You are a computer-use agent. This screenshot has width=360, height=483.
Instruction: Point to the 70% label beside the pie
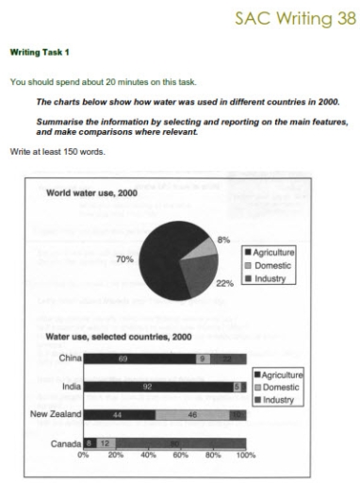point(123,258)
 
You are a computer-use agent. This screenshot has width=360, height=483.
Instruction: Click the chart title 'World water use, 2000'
point(91,192)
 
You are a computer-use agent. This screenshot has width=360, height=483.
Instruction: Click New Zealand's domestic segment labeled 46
point(192,413)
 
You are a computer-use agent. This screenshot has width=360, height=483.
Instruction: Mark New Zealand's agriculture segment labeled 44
point(120,413)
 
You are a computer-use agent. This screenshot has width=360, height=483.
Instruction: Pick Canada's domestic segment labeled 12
point(106,441)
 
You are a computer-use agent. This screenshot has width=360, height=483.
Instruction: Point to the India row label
point(71,386)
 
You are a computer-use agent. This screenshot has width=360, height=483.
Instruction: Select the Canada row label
point(66,441)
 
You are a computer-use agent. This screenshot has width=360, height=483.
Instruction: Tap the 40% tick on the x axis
point(148,455)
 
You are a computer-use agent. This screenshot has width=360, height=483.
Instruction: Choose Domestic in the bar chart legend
point(285,389)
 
